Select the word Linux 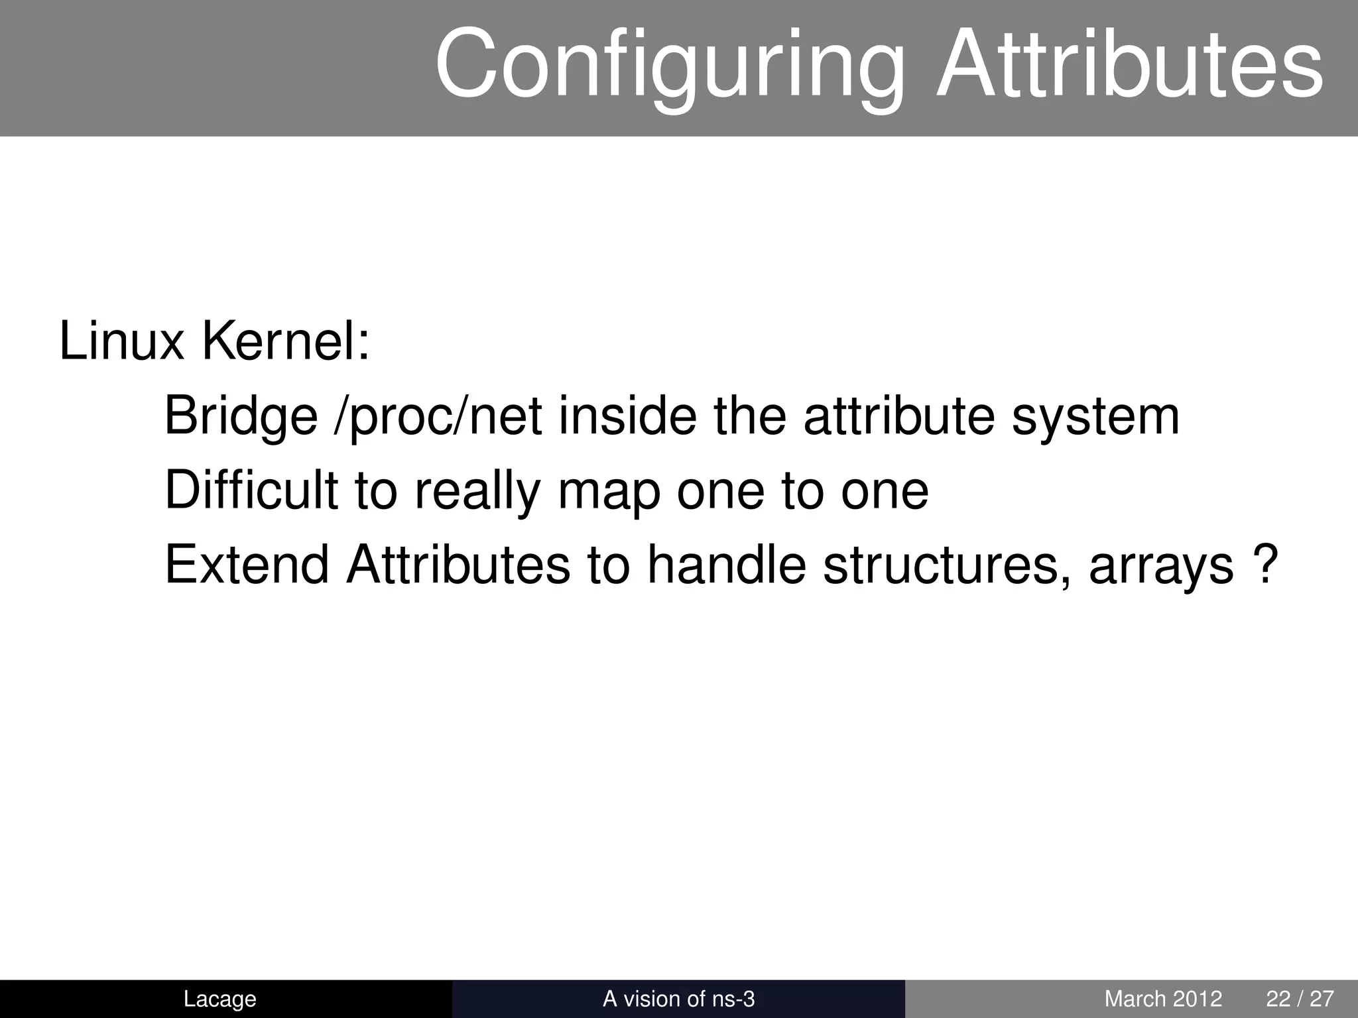[x=121, y=342]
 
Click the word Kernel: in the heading [x=285, y=342]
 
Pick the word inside [x=627, y=416]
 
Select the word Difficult [x=251, y=490]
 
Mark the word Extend [x=246, y=565]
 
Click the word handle [x=725, y=565]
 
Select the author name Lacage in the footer [x=219, y=999]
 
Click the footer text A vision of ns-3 [x=678, y=999]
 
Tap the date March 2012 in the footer [x=1163, y=999]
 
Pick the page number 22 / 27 [x=1300, y=999]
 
